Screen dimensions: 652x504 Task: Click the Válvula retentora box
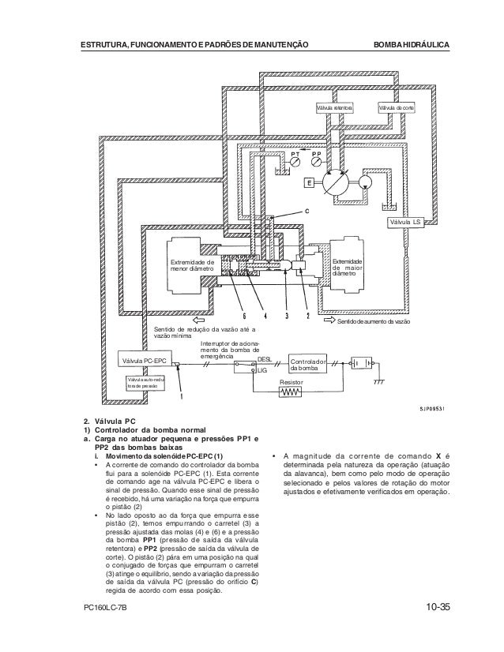coord(334,107)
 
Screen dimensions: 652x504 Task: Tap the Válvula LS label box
coord(407,223)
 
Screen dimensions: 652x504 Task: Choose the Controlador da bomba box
coord(309,364)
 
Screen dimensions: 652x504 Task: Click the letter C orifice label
coord(307,211)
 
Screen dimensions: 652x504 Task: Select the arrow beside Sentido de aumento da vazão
coord(329,323)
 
